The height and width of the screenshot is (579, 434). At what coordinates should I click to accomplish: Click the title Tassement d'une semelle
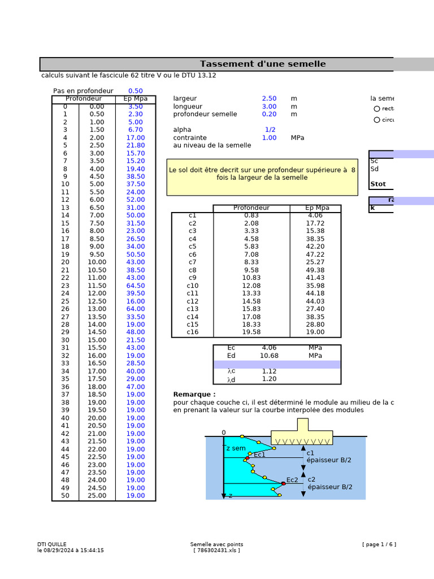point(263,64)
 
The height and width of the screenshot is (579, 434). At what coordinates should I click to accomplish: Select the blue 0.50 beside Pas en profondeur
point(136,90)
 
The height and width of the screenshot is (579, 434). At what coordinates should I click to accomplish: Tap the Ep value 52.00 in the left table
point(136,200)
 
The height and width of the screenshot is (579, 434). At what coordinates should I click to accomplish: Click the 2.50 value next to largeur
point(269,98)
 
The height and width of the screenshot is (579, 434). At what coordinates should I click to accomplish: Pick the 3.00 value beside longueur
point(269,106)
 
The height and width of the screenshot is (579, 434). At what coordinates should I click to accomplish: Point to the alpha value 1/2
point(270,129)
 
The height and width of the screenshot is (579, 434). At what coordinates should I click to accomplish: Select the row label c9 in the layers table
point(193,278)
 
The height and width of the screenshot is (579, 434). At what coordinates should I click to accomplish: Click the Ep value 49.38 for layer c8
point(315,270)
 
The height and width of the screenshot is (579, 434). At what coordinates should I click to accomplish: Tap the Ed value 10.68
point(269,356)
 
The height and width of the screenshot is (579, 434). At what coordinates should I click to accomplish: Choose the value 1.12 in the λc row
point(269,371)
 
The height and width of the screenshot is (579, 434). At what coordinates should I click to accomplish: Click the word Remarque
point(194,394)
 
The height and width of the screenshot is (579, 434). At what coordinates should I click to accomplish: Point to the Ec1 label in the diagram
point(259,455)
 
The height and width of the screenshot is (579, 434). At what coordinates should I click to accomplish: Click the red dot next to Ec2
point(283,483)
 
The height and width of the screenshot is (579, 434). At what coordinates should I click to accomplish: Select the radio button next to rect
point(377,109)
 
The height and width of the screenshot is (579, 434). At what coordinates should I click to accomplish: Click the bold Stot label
point(378,184)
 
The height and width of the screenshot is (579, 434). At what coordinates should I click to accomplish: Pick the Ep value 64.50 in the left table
point(136,286)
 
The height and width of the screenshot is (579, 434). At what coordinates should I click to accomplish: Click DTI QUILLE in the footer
point(52,545)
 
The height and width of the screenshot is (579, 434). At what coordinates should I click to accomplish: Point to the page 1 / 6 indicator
point(379,545)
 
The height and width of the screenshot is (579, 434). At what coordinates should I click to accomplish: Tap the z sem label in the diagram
point(236,448)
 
